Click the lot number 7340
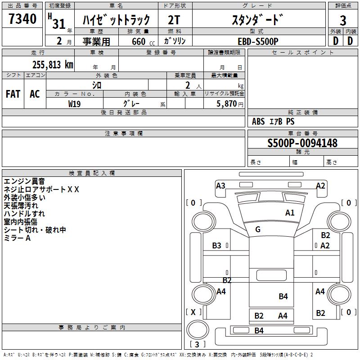coord(22,20)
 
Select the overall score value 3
coord(343,21)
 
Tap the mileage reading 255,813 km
coord(53,64)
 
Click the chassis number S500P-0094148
coord(302,143)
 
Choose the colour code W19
coord(75,103)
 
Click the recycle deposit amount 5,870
coord(226,104)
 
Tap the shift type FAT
coord(13,94)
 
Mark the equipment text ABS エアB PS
coord(274,121)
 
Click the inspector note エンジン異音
coord(24,181)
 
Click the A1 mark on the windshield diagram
coord(290,213)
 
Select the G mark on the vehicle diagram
coord(258,229)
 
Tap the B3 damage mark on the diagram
coord(217,246)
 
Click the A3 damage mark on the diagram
coord(220,186)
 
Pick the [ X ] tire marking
coord(193,312)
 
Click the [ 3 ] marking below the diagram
coord(198,345)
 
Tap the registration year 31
coord(59,23)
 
